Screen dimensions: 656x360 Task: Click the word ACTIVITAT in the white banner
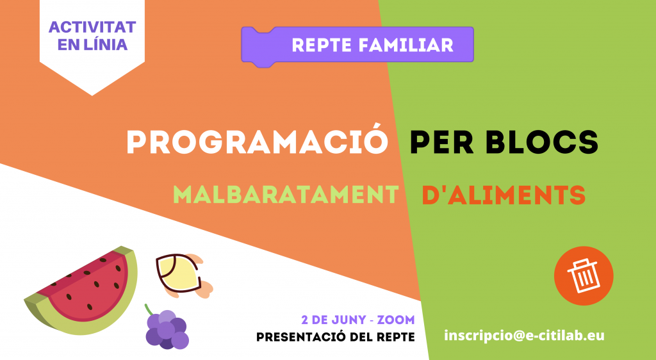click(x=92, y=27)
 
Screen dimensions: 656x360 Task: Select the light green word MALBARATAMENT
click(x=286, y=195)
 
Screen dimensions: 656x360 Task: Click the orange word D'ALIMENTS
click(x=504, y=195)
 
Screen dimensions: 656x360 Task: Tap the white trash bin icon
click(x=584, y=275)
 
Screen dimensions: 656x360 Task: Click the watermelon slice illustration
click(x=81, y=291)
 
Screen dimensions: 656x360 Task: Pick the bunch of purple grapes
click(x=167, y=329)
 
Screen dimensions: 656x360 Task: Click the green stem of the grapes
click(x=149, y=310)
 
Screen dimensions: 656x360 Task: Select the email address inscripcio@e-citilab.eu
click(x=524, y=336)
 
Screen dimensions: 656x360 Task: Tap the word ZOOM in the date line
click(x=396, y=321)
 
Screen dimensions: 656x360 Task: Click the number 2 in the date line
click(x=305, y=321)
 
